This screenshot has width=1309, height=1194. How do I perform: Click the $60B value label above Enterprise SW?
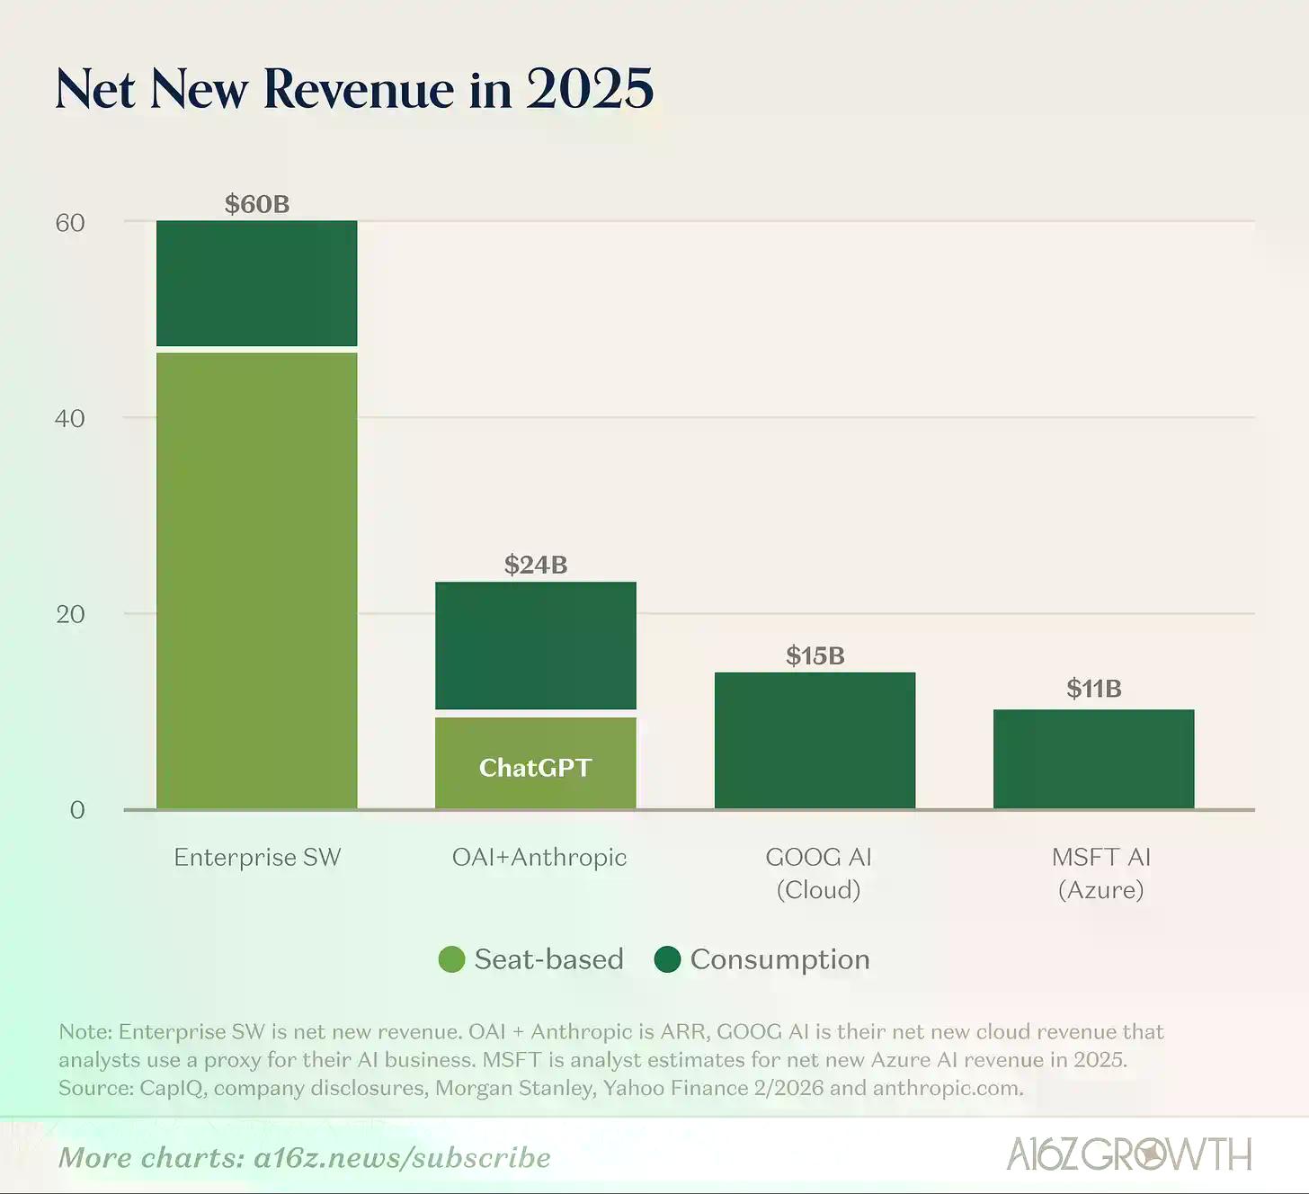[257, 204]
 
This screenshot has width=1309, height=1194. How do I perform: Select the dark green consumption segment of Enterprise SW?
[257, 283]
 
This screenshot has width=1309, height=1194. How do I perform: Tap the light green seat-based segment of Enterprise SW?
[257, 580]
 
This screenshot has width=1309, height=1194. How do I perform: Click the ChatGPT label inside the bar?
[535, 768]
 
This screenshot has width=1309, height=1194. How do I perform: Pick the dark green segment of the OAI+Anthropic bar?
[536, 646]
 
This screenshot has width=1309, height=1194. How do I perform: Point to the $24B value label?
[536, 565]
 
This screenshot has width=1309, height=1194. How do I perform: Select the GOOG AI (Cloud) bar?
[815, 741]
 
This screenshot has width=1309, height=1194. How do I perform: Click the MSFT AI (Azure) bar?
[1093, 760]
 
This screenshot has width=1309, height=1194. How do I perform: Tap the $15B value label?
[815, 655]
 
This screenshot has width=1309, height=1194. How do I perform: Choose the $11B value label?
[1093, 689]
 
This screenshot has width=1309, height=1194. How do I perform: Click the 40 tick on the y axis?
[70, 418]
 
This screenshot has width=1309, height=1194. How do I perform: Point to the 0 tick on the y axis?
[77, 810]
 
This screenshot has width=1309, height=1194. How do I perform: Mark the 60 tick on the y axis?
[70, 223]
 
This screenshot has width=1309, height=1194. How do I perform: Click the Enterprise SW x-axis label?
[257, 857]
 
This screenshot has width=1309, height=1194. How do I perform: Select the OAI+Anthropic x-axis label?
[539, 857]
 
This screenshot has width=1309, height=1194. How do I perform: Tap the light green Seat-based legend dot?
[451, 959]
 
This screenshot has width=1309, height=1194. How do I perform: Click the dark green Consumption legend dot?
[667, 959]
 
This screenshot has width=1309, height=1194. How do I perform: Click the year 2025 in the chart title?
[590, 89]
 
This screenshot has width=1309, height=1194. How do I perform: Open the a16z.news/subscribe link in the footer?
[402, 1157]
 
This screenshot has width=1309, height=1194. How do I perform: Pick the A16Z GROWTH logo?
[1128, 1154]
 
